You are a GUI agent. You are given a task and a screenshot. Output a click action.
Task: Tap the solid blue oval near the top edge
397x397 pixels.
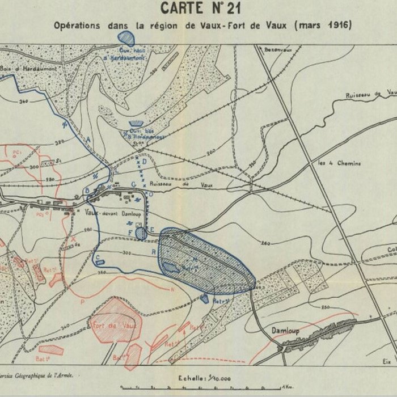coord(126,38)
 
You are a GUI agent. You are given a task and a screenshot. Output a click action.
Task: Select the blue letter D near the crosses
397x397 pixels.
coord(145,161)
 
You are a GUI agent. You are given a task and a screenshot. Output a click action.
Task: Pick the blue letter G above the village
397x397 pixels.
coord(133,184)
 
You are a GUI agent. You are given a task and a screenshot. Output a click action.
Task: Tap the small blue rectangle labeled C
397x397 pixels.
coord(100,262)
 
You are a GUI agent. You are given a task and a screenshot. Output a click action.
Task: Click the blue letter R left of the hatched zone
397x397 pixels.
coord(153,251)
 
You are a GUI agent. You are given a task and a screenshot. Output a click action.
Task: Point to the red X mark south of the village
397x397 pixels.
coord(73,239)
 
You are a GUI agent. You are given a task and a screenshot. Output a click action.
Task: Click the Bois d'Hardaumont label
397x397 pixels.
coord(25,69)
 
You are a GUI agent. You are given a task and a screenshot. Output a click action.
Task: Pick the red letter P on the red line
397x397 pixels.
coord(83,302)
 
